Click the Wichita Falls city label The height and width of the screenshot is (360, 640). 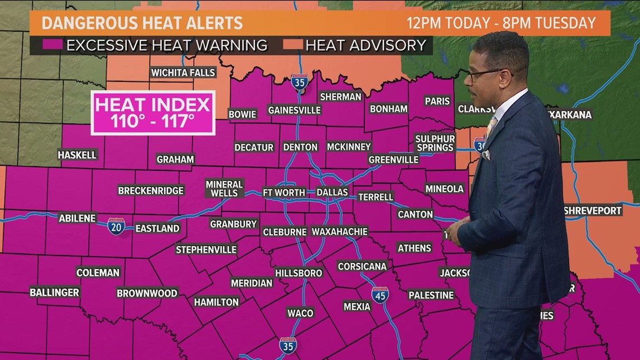[183, 72]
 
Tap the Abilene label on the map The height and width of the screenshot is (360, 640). [77, 218]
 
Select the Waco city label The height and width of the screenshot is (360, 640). [300, 313]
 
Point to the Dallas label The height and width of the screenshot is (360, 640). [332, 192]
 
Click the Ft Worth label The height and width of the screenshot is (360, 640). [284, 192]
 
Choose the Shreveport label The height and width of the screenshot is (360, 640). [593, 211]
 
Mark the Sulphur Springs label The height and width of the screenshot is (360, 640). [435, 143]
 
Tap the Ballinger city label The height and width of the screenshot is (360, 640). [54, 292]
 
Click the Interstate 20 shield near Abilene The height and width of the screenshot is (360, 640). [116, 226]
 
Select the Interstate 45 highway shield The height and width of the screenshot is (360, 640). [380, 295]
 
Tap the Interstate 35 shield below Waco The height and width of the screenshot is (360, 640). [287, 345]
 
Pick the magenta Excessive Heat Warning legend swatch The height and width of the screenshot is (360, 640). [55, 45]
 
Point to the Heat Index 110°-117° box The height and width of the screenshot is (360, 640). [153, 112]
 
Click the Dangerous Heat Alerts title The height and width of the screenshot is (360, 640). [143, 23]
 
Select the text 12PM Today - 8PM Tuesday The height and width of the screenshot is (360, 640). [501, 23]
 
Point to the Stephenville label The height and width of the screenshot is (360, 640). [206, 249]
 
